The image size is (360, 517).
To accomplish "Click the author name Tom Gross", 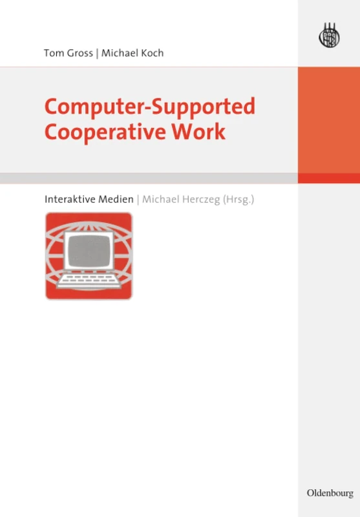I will (68, 53).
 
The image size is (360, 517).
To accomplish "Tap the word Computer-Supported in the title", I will (149, 106).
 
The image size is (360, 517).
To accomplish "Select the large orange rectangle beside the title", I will (328, 120).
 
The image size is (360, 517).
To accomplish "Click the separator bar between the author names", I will (98, 53).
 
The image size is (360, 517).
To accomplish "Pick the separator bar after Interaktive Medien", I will (138, 199).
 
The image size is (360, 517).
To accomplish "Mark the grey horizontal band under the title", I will (149, 178).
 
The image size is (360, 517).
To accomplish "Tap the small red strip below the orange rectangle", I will (328, 178).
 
